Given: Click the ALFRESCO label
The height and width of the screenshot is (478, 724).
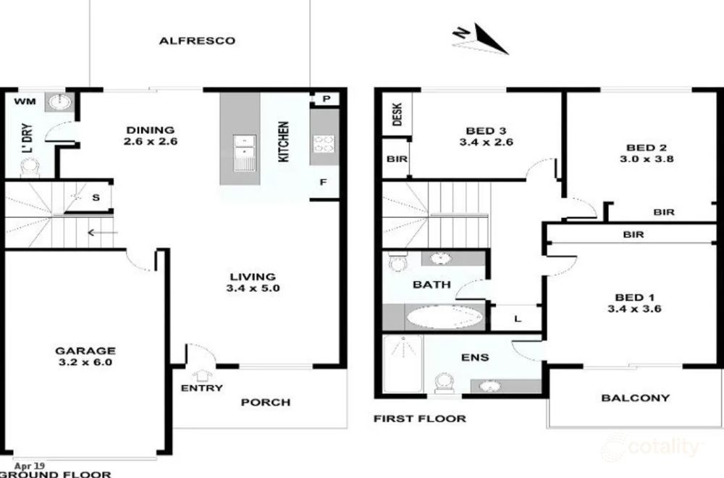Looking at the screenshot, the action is click(x=197, y=41).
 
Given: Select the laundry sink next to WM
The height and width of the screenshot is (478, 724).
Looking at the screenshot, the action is click(x=59, y=102).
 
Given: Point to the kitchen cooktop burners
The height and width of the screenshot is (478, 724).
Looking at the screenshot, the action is click(x=324, y=143).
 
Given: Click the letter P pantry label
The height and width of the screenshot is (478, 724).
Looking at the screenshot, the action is click(x=327, y=98).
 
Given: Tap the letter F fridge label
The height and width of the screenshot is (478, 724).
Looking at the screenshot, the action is click(x=323, y=182).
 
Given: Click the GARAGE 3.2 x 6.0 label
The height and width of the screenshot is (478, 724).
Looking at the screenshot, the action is click(x=85, y=356).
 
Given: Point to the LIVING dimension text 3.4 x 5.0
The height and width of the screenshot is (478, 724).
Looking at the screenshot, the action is click(x=253, y=288).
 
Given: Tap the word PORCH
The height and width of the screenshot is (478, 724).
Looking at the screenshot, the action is click(x=266, y=402).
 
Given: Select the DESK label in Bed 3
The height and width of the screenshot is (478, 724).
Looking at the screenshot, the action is click(x=397, y=114).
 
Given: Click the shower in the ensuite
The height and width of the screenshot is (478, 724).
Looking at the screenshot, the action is click(x=403, y=364).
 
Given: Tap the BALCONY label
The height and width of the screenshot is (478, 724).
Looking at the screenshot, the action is click(x=636, y=398).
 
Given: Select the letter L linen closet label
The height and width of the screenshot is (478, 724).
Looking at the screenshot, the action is click(x=518, y=319).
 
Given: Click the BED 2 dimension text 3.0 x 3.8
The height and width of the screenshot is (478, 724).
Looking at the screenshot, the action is click(x=647, y=159).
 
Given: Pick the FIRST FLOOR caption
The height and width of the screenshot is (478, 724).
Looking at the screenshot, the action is click(x=420, y=419).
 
